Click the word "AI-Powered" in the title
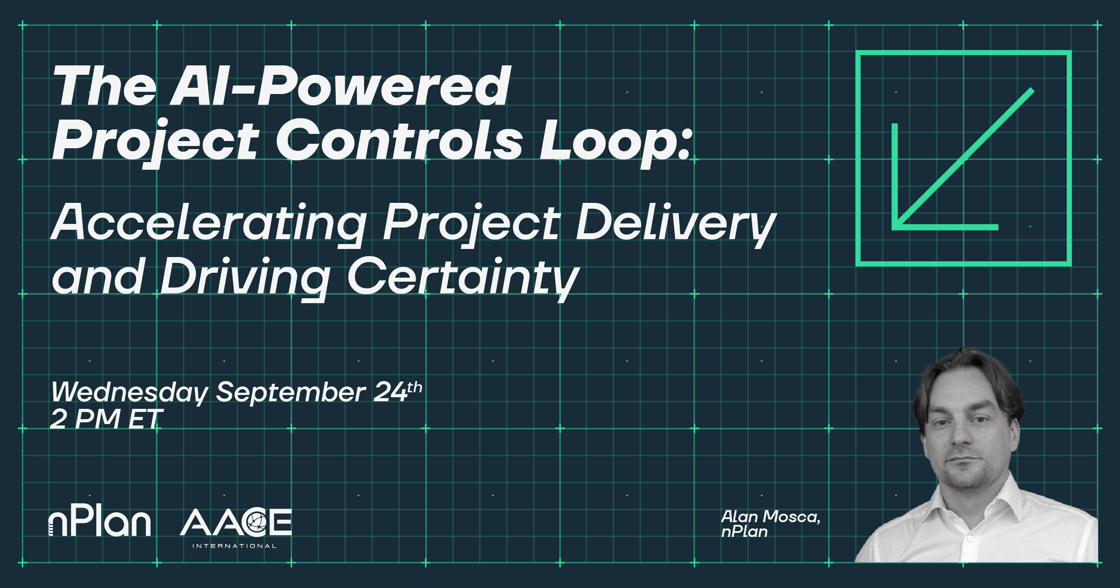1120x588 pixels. [x=340, y=86]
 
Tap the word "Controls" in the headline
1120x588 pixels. [x=399, y=139]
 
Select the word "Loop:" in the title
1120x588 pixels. [x=616, y=142]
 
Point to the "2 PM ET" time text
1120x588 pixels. [x=106, y=419]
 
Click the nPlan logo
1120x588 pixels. [x=99, y=522]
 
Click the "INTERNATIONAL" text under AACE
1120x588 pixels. [x=235, y=546]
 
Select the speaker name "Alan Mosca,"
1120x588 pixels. [x=770, y=517]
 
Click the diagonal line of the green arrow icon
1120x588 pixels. [x=965, y=157]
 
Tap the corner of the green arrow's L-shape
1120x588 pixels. [x=895, y=227]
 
